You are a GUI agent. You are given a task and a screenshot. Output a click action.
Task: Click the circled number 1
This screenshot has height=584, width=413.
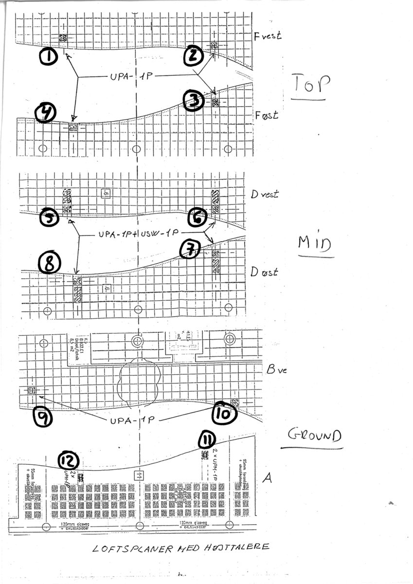[49, 57]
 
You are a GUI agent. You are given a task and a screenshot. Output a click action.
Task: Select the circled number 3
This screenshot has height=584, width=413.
[194, 101]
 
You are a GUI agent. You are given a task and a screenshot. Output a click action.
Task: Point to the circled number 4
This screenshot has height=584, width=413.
[46, 113]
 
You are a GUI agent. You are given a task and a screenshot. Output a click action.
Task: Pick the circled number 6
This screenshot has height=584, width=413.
[198, 218]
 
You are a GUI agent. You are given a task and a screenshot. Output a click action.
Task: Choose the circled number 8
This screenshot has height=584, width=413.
[50, 264]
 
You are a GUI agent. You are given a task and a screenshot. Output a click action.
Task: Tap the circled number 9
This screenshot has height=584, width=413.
[43, 417]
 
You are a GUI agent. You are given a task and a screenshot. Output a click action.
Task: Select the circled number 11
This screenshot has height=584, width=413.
[207, 440]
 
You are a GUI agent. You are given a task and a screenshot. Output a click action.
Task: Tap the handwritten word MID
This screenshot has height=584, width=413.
[315, 245]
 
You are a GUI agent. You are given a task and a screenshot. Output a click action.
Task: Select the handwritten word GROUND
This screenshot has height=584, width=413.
[313, 434]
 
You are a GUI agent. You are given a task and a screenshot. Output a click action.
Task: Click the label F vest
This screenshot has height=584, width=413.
[268, 35]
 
